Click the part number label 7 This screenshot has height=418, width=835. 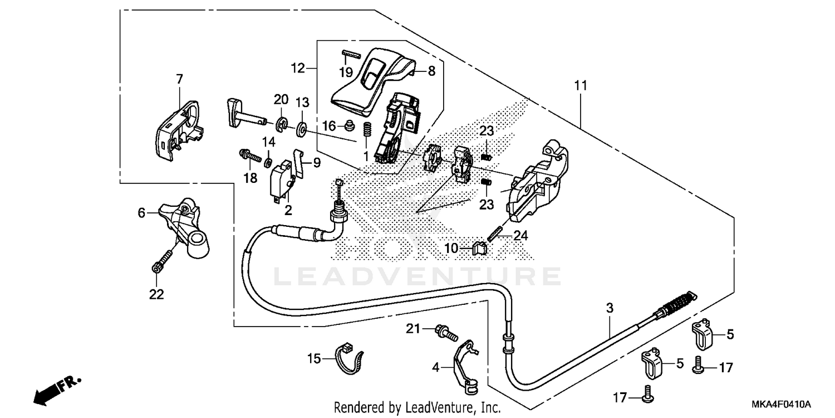click(179, 80)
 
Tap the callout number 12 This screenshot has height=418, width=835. click(298, 68)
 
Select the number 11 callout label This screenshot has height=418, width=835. click(581, 86)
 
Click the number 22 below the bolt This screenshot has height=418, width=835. click(157, 294)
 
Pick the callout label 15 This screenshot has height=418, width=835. click(314, 359)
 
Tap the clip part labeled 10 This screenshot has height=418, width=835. click(480, 247)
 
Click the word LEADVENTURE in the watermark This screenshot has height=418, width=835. click(417, 276)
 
